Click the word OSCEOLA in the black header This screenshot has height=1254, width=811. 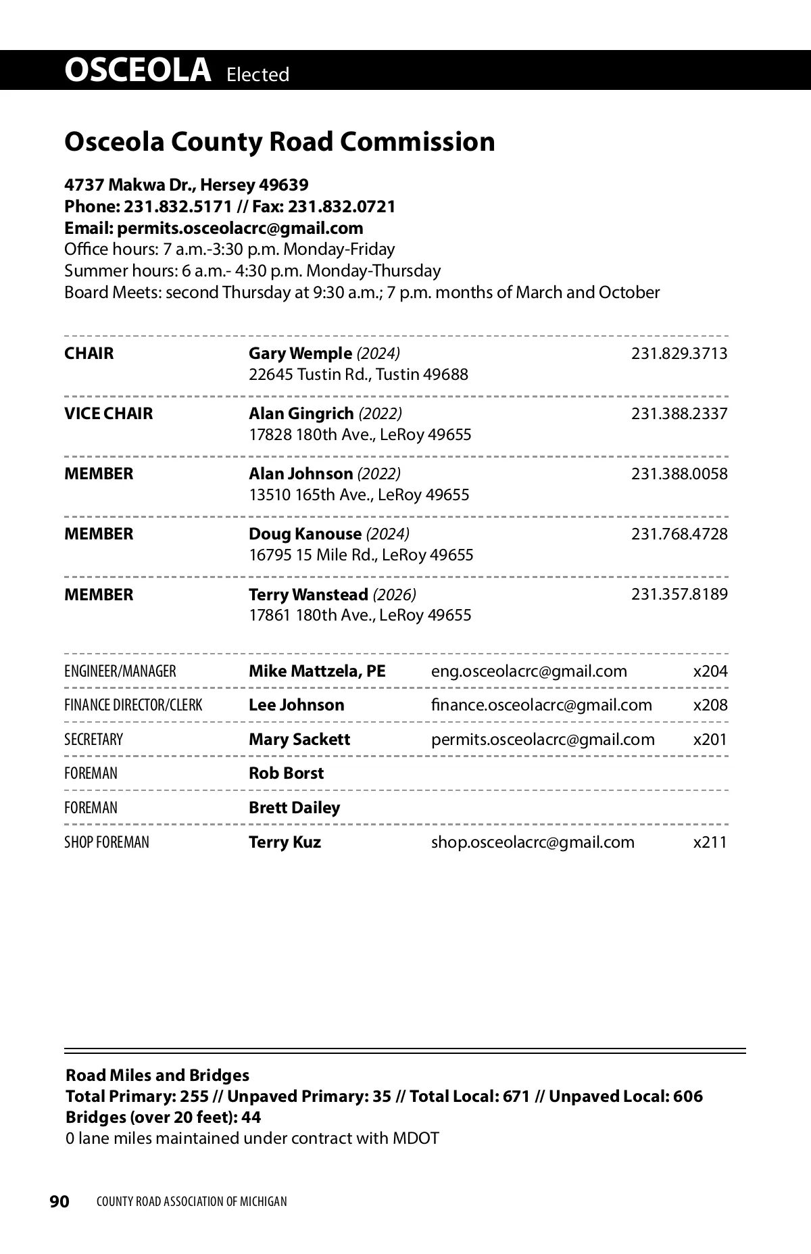pos(138,70)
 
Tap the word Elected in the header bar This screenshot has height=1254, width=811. pos(257,74)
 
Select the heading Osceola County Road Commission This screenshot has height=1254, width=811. pos(279,142)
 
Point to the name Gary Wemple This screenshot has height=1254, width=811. pos(300,354)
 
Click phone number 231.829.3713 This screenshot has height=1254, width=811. pos(679,354)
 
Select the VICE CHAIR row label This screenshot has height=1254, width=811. pos(108,414)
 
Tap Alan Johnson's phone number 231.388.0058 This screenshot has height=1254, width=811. pos(679,474)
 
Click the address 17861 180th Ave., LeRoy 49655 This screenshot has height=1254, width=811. pos(360,615)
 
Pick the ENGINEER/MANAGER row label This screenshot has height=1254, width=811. pos(120,671)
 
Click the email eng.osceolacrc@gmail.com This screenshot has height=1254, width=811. pos(529,671)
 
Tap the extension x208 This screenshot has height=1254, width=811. pos(710,705)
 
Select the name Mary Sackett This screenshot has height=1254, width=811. pos(299,740)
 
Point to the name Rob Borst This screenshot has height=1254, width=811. pos(286,773)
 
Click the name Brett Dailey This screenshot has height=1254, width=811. pos(294,808)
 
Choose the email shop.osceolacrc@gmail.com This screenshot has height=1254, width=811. pos(533,842)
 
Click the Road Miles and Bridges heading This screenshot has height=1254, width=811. pos(157,1076)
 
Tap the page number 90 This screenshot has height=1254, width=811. pos(59,1201)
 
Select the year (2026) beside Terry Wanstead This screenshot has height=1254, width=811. pos(394,595)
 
